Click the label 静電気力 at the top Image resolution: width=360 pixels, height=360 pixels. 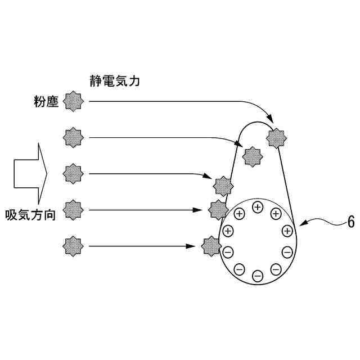(x=115, y=81)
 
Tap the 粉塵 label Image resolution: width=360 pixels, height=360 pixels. (x=46, y=102)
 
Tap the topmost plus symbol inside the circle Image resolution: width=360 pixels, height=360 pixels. (x=258, y=207)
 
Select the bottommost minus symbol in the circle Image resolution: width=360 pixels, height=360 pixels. (x=258, y=276)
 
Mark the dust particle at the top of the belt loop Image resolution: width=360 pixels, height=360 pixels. (x=277, y=137)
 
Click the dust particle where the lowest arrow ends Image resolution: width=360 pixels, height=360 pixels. (x=211, y=245)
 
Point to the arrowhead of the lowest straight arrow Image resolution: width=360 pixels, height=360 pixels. (x=199, y=245)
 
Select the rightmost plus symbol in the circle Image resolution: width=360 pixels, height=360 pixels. (x=287, y=231)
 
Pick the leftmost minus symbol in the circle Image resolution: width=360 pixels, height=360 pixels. (x=228, y=251)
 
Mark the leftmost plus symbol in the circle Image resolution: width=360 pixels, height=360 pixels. (x=228, y=231)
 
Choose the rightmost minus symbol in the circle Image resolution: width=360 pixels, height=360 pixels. (x=287, y=251)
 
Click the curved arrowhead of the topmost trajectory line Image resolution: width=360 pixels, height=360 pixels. (x=270, y=120)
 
